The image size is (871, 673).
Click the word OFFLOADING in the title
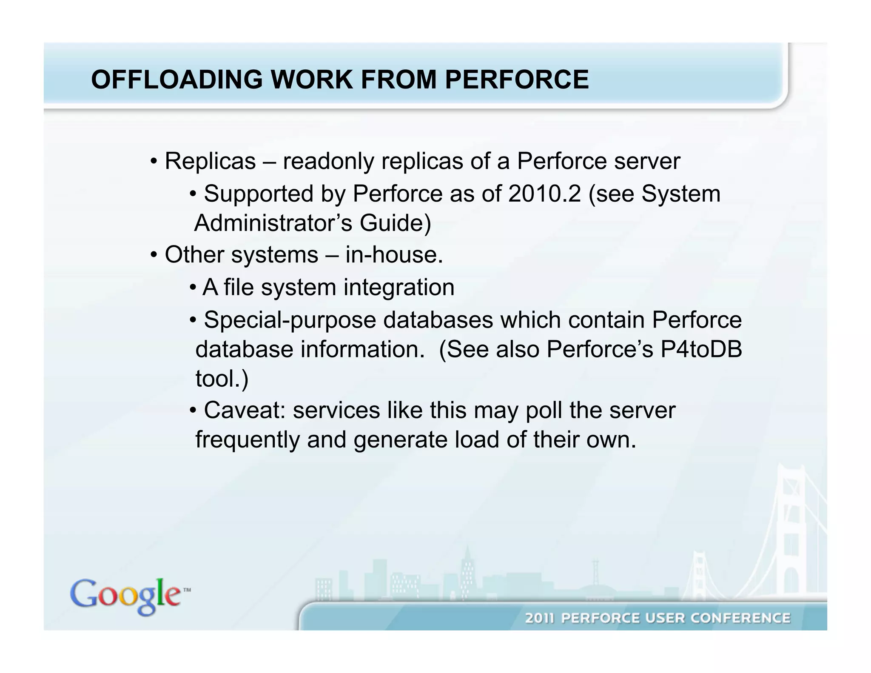pos(177,80)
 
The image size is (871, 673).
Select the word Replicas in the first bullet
pos(210,161)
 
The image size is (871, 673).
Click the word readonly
pos(328,161)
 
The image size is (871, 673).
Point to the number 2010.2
pos(544,194)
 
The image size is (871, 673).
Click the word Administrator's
pos(273,223)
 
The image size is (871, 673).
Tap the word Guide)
pos(396,223)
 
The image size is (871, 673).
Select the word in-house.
pos(394,255)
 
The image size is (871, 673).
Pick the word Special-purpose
pos(290,320)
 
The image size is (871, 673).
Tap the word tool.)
pos(222,378)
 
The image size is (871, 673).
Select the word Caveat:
pos(245,411)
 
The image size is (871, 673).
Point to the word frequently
pos(248,439)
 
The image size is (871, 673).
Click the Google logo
pos(125,596)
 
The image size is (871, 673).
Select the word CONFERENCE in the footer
pos(740,618)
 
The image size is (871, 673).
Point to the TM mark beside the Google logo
pos(187,590)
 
